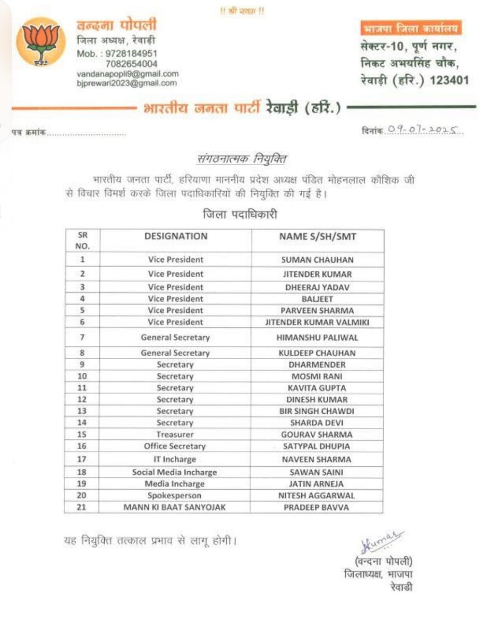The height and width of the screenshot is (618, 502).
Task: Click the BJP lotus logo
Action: click(41, 42)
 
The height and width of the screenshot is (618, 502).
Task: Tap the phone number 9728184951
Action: click(131, 54)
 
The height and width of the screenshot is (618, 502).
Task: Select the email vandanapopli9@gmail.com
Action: click(127, 74)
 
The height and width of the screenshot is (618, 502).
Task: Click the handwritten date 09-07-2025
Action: click(425, 130)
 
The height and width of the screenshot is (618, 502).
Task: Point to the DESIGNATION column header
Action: click(176, 236)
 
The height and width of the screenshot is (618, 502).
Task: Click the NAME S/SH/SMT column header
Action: click(317, 236)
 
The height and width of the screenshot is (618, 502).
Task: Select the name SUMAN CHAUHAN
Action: click(317, 260)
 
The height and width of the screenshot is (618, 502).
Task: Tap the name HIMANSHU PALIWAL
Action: click(317, 337)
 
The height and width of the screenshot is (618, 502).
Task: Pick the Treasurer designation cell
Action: click(175, 435)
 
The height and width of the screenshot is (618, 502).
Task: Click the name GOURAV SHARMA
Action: click(317, 435)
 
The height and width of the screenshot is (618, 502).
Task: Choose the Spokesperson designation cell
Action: click(174, 495)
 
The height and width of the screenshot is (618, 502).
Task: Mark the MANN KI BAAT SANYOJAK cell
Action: click(174, 507)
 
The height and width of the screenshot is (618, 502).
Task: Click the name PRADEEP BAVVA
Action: click(316, 507)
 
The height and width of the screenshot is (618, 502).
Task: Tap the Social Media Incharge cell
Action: click(174, 472)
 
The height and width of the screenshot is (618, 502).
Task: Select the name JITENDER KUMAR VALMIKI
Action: click(317, 322)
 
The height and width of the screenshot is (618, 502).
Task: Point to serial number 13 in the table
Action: click(82, 411)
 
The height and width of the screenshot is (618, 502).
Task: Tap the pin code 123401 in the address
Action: click(449, 80)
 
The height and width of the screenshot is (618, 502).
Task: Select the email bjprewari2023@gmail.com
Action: click(126, 83)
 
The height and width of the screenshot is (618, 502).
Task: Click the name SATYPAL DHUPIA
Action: click(317, 447)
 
